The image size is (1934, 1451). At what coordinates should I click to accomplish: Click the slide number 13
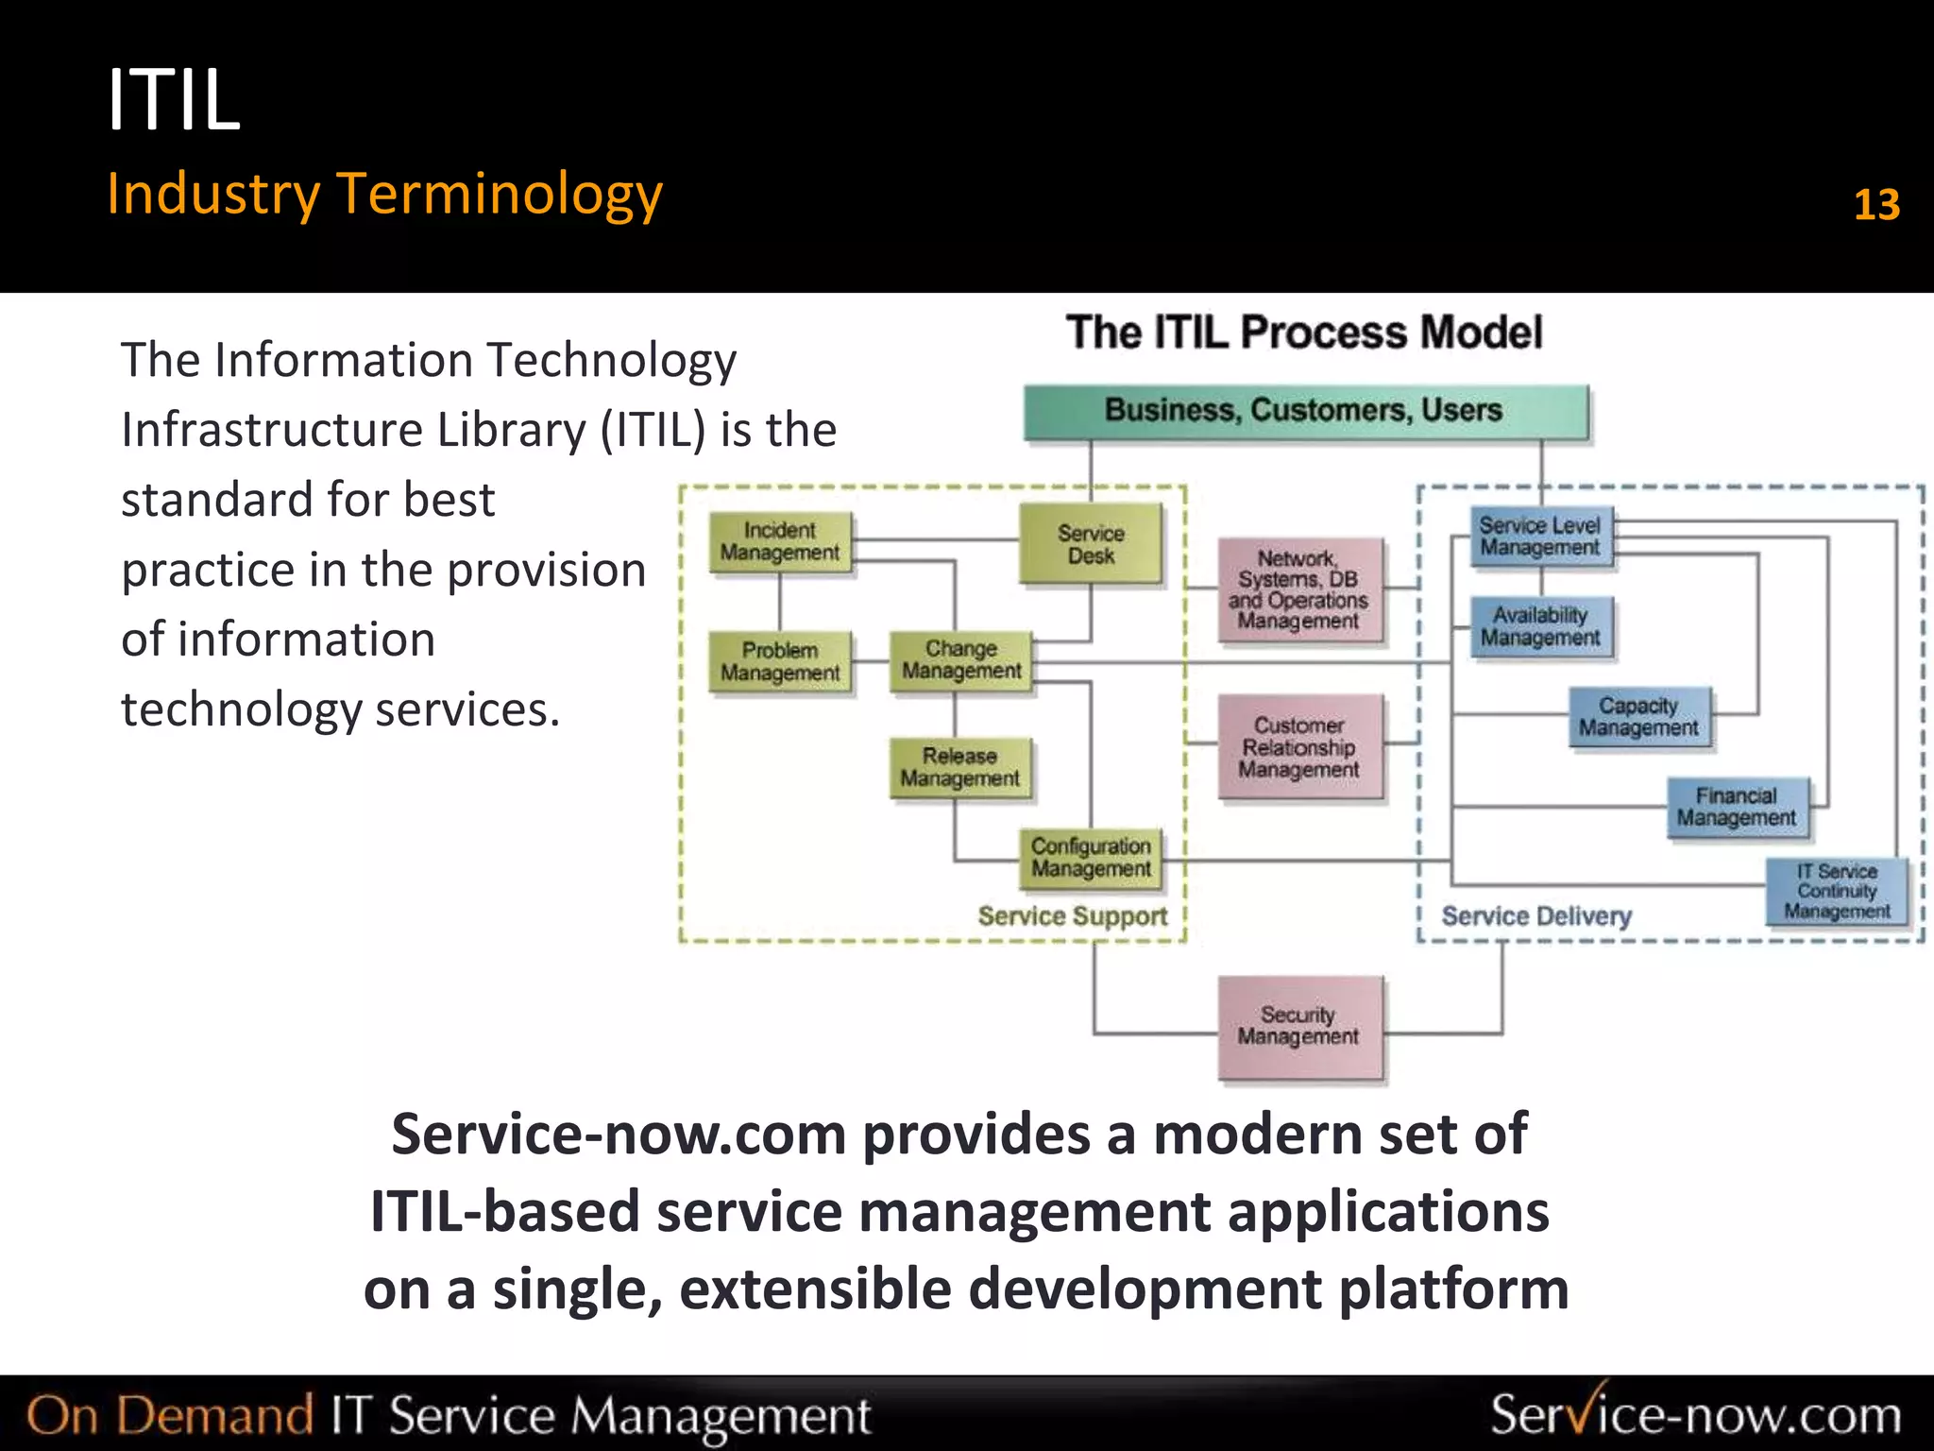pos(1876,205)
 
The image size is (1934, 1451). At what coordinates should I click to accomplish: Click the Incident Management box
pos(780,542)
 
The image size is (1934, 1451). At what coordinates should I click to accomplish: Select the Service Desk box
pos(1091,544)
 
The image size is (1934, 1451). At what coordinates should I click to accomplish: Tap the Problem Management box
pos(780,661)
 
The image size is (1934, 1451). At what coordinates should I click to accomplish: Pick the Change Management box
pos(961,660)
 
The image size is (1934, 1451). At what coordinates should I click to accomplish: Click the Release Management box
pos(960,767)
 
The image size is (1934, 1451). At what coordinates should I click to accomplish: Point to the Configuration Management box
pos(1091,858)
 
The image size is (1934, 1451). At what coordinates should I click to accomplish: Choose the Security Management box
pos(1299,1027)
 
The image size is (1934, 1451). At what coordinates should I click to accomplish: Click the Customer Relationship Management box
pos(1299,747)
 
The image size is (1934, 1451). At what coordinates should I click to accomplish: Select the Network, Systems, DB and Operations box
pos(1299,589)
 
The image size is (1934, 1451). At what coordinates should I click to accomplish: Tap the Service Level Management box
pos(1540,537)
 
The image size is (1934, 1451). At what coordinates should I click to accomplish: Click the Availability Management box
pos(1540,626)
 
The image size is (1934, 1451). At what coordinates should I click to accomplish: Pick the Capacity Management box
pos(1638,717)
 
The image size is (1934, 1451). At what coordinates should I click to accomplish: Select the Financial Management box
pos(1737,807)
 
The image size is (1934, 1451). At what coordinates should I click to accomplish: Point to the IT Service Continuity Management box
pos(1837,891)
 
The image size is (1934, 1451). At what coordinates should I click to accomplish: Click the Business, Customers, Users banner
pos(1305,411)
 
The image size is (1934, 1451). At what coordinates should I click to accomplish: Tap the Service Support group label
pos(1073,916)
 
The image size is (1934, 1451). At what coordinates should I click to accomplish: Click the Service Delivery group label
pos(1536,916)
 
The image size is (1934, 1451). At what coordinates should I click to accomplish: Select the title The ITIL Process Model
pos(1304,333)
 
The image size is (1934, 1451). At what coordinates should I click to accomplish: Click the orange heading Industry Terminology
pos(384,195)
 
